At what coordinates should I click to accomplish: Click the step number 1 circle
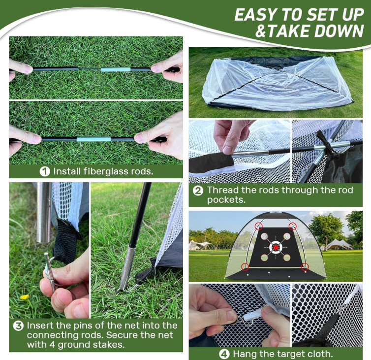click(45, 171)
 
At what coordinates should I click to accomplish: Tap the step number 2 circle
click(198, 191)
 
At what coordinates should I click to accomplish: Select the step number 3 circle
click(18, 326)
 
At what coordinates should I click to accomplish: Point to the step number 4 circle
click(224, 354)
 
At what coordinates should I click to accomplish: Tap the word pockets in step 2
click(226, 199)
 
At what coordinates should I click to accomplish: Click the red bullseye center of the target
click(276, 247)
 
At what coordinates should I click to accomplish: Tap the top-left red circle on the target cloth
click(259, 226)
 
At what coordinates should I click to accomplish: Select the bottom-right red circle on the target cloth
click(305, 267)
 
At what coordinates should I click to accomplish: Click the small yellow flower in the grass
click(25, 297)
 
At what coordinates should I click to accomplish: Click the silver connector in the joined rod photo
click(93, 139)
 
